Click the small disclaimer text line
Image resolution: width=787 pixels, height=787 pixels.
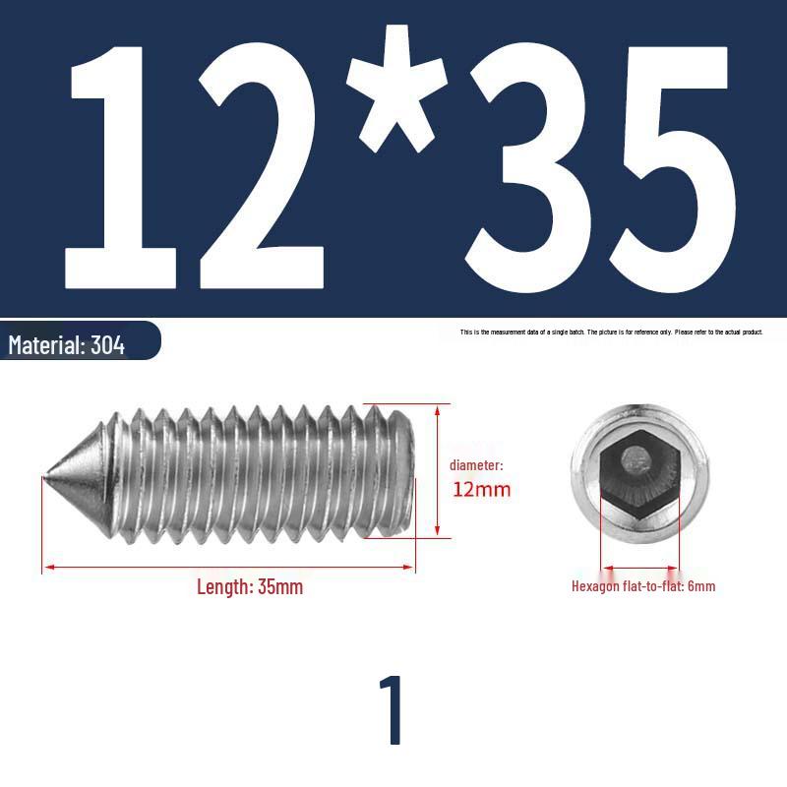pyautogui.click(x=611, y=333)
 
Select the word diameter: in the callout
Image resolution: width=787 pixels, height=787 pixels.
pyautogui.click(x=476, y=465)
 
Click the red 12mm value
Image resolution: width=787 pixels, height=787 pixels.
pyautogui.click(x=481, y=489)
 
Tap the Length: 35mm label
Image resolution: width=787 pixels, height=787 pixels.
pyautogui.click(x=250, y=587)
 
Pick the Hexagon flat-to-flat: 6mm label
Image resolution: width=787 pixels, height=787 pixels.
pyautogui.click(x=643, y=586)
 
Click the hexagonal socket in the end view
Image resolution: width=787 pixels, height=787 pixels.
pyautogui.click(x=638, y=474)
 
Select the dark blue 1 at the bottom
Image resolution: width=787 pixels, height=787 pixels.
pyautogui.click(x=393, y=710)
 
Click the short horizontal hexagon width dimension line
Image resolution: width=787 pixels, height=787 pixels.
pyautogui.click(x=639, y=568)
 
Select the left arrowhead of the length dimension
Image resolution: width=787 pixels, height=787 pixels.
pyautogui.click(x=46, y=568)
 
